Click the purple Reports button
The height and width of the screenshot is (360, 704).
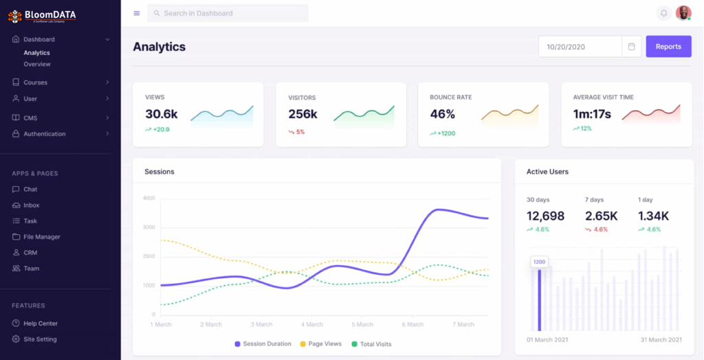tap(668, 47)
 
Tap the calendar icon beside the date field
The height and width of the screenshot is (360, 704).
tap(632, 47)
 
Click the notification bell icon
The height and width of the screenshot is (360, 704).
tap(663, 13)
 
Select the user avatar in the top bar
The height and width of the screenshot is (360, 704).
tap(683, 13)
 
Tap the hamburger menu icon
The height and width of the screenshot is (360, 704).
tap(137, 13)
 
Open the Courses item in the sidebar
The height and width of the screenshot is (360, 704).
tap(36, 82)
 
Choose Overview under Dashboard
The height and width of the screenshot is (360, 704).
tap(37, 64)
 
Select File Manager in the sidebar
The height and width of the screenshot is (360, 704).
tap(42, 237)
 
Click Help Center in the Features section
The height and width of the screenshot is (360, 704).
tap(41, 324)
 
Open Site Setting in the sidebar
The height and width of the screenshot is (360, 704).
tap(40, 339)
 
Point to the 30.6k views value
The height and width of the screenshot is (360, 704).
tap(162, 114)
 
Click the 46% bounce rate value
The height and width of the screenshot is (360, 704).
tap(443, 114)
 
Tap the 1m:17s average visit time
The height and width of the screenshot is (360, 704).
tap(592, 114)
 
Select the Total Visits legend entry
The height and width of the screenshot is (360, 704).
tap(375, 344)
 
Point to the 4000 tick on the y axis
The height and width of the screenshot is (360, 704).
tap(148, 198)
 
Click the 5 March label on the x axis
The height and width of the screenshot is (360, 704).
tap(362, 324)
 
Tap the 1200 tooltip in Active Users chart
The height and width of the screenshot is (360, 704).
tap(539, 262)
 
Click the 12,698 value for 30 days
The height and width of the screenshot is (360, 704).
tap(545, 216)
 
